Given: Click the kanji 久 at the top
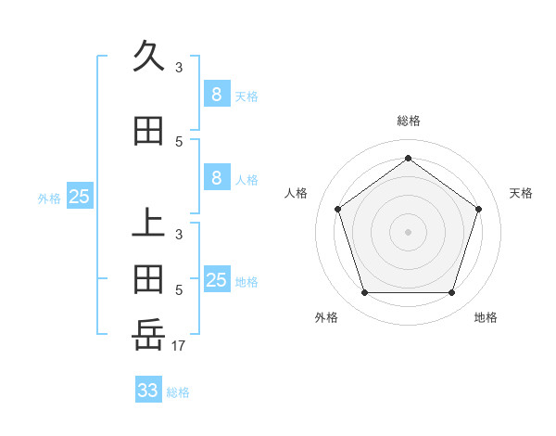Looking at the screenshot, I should (148, 58).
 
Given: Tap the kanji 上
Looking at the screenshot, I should (148, 224).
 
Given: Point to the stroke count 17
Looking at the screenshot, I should (178, 346).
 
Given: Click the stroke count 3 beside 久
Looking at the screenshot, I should (179, 68).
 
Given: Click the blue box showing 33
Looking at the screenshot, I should (148, 391).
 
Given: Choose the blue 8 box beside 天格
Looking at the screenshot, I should (216, 94).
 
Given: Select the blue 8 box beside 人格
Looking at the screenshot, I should (216, 178).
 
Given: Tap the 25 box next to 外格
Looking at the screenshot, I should (79, 196).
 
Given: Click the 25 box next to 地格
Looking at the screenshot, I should (216, 280).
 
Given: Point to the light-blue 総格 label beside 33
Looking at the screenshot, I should (178, 392).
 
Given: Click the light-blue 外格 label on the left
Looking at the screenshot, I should (49, 198).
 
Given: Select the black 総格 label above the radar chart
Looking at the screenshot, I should (408, 122).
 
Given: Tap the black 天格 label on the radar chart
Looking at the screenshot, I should (521, 193).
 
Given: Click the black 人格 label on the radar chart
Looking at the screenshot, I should (296, 193).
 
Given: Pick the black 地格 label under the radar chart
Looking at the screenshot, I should (486, 317).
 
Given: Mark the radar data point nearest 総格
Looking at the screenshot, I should (408, 158).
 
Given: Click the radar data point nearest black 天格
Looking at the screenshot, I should (478, 209).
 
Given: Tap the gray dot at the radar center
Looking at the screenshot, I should (408, 231).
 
